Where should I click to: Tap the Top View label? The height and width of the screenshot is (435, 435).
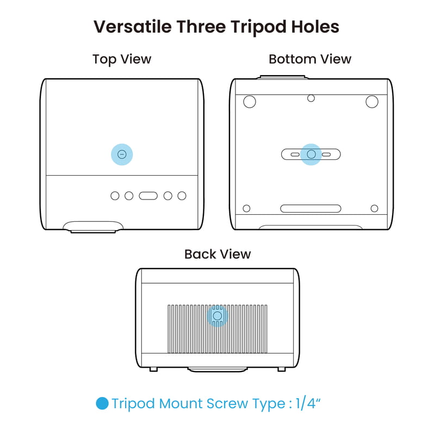click(122, 59)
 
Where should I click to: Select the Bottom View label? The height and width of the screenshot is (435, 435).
click(310, 59)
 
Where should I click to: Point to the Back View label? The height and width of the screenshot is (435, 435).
click(217, 254)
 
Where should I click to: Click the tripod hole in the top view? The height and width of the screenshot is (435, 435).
click(122, 154)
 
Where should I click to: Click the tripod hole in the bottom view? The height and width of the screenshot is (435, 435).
click(311, 154)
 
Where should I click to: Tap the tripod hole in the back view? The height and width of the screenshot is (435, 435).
click(217, 316)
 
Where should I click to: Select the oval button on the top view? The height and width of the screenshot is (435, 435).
click(148, 196)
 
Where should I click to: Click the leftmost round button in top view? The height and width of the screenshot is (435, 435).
click(115, 196)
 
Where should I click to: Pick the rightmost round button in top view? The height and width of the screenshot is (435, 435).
click(182, 196)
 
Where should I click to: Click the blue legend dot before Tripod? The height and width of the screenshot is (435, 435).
click(102, 403)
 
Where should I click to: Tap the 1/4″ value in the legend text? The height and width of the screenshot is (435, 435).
click(308, 403)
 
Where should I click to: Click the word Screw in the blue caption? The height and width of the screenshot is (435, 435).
click(227, 403)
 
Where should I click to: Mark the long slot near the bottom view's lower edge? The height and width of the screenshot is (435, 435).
click(310, 209)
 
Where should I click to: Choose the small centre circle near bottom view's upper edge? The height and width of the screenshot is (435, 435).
click(311, 98)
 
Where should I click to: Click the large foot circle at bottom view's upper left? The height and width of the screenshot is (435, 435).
click(250, 102)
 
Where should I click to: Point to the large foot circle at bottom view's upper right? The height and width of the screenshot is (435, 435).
click(372, 102)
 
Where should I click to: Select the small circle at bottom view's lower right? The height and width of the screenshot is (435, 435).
click(374, 208)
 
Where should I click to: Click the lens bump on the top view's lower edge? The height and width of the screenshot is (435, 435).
click(93, 227)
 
